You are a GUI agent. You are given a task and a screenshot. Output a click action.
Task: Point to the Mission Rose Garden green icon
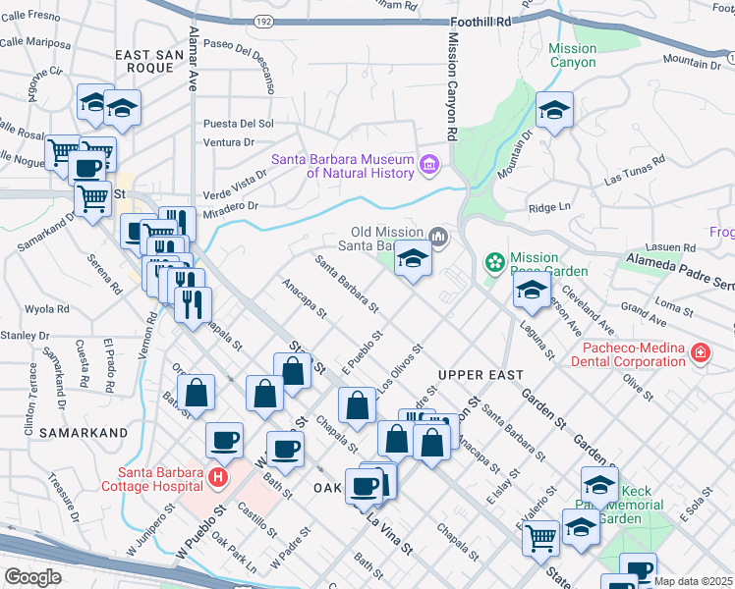point(495,263)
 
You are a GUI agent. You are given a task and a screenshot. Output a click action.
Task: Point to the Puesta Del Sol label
point(238,124)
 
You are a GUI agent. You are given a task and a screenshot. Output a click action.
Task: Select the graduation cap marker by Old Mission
point(413,259)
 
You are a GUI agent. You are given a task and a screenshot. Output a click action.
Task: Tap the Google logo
point(33,577)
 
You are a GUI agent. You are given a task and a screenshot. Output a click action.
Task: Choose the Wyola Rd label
point(49,308)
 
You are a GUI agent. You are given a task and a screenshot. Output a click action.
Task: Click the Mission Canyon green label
point(572,55)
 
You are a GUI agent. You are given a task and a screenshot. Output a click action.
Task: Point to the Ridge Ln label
point(549,207)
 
